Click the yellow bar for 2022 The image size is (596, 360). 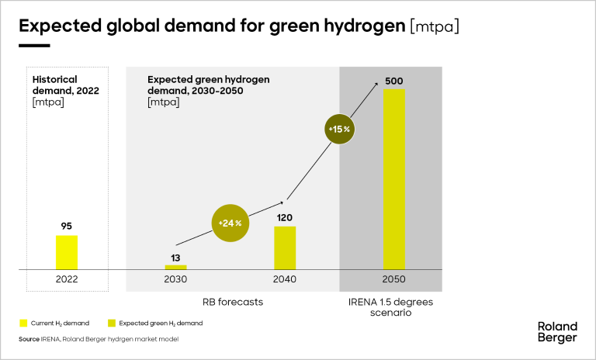67,252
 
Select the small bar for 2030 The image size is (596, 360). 176,267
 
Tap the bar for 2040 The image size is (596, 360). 285,247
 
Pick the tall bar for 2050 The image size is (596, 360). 393,179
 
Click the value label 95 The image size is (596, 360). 67,227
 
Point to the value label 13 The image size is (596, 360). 176,257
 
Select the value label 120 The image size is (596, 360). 285,218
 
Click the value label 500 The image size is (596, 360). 393,81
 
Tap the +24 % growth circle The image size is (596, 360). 230,223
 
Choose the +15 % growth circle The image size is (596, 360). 338,129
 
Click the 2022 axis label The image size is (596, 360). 66,279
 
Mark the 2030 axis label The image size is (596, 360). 176,279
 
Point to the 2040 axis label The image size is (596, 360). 285,279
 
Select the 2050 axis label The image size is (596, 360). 393,279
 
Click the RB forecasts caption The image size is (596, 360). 230,300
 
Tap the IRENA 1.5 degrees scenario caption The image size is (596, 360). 392,306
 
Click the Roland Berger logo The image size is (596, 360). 557,331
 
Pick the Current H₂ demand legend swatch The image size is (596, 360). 23,323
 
